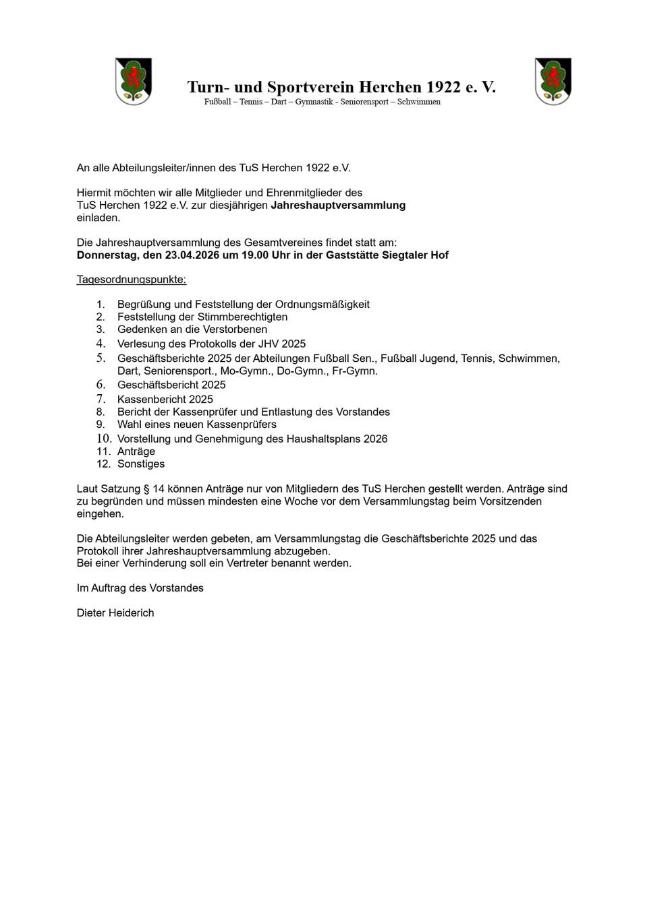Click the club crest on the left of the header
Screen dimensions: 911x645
click(x=134, y=82)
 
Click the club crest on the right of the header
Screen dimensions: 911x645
click(x=553, y=82)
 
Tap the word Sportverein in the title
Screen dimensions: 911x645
click(x=310, y=87)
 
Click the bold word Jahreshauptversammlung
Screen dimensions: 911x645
click(x=338, y=205)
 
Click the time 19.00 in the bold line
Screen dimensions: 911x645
click(x=256, y=255)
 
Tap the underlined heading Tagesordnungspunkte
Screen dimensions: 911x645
click(x=132, y=280)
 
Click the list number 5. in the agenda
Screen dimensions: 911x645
click(x=101, y=358)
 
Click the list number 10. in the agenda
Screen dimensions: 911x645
click(x=103, y=439)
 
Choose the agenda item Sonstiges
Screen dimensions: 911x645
click(x=141, y=464)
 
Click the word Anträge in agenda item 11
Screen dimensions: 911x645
click(x=136, y=451)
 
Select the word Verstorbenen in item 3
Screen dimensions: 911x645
click(x=236, y=329)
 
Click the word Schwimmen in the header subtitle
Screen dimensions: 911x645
click(x=419, y=102)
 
